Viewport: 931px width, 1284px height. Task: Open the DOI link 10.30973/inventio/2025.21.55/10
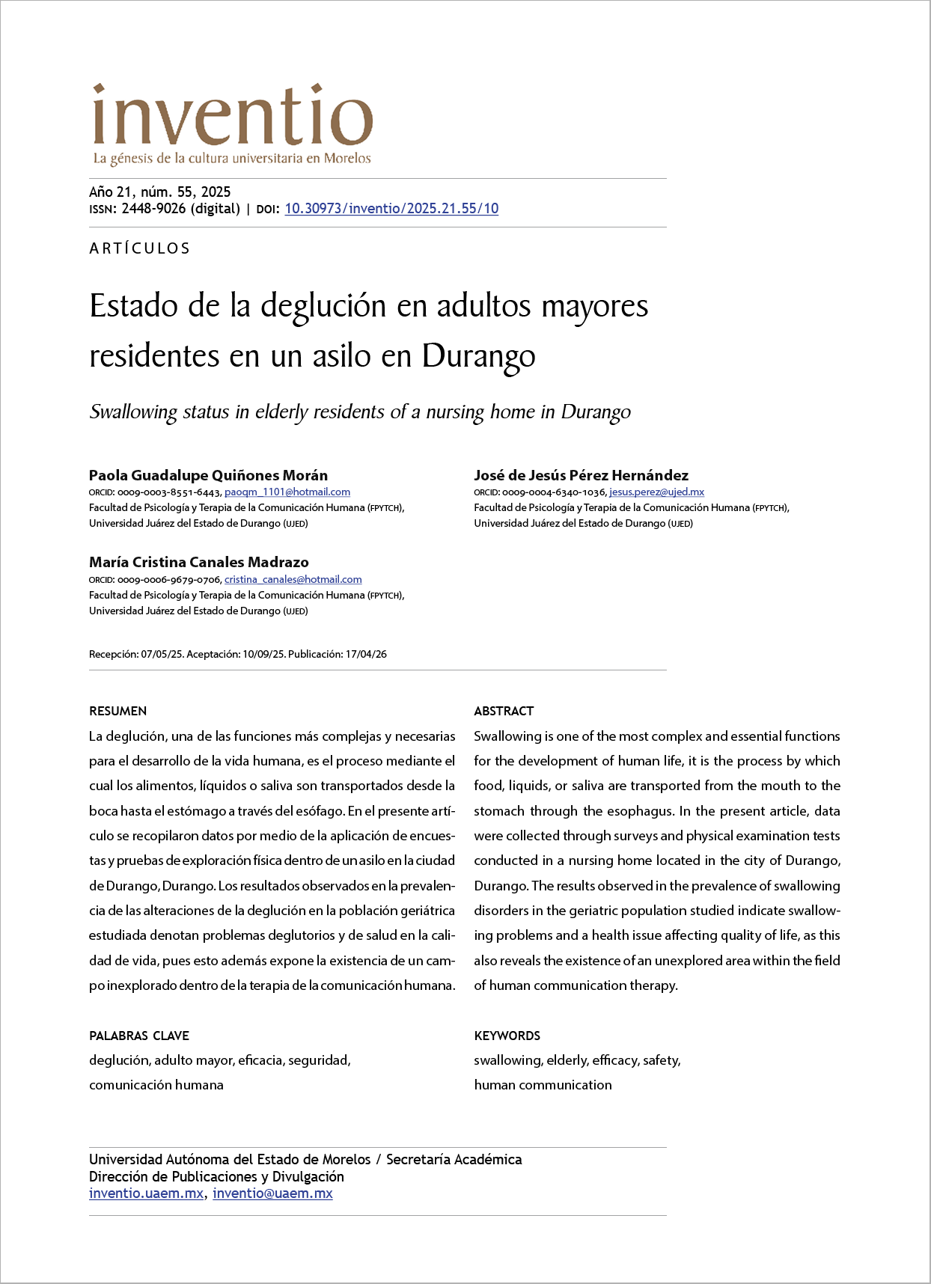391,209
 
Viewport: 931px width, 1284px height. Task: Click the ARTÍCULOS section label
140,248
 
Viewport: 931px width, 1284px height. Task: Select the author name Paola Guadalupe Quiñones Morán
208,475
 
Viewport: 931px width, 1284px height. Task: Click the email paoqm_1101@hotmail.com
287,492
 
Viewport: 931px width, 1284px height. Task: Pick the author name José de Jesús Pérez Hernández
581,475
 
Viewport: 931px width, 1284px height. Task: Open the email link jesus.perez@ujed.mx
656,492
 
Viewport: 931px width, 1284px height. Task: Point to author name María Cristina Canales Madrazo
198,562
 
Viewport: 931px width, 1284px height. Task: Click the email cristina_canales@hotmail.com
293,580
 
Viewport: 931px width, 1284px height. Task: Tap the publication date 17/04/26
366,655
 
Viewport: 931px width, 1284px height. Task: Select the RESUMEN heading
117,711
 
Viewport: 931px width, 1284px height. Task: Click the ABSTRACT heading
504,711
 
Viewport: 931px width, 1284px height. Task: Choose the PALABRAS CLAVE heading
138,1036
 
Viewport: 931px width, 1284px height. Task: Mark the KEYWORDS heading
507,1036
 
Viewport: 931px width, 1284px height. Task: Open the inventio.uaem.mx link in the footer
146,1193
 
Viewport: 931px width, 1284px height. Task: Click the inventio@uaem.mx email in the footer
272,1193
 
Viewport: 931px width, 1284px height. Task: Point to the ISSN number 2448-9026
153,209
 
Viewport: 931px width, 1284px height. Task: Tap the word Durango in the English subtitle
596,412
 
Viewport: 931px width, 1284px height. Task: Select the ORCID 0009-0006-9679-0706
169,580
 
